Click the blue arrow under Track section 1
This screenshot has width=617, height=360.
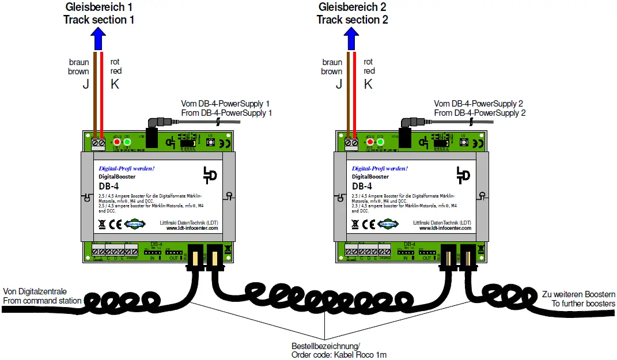pyautogui.click(x=99, y=39)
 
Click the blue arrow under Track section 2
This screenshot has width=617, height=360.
pyautogui.click(x=352, y=39)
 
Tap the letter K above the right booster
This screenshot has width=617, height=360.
pyautogui.click(x=368, y=84)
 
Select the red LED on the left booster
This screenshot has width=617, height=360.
pyautogui.click(x=117, y=142)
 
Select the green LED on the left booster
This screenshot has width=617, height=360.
pyautogui.click(x=127, y=142)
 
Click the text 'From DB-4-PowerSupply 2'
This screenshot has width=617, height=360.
pyautogui.click(x=480, y=113)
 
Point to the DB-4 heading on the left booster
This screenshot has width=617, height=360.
pyautogui.click(x=109, y=186)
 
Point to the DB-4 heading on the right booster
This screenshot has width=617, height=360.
pyautogui.click(x=362, y=186)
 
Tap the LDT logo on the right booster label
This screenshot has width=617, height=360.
pyautogui.click(x=461, y=175)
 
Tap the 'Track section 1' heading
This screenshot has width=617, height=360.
pyautogui.click(x=99, y=20)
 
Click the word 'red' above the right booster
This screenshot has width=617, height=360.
pyautogui.click(x=369, y=71)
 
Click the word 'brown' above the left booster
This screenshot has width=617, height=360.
pyautogui.click(x=78, y=71)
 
